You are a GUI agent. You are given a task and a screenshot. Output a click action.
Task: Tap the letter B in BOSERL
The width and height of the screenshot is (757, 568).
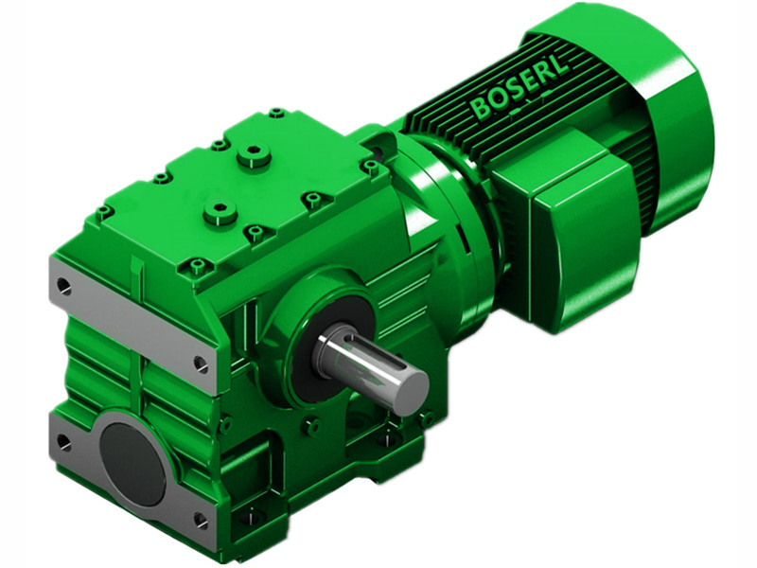click(x=482, y=109)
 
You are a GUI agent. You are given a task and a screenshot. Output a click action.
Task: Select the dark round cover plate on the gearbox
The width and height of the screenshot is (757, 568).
click(x=132, y=463)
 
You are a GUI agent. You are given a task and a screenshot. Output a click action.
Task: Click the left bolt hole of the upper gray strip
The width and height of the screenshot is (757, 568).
click(x=63, y=284)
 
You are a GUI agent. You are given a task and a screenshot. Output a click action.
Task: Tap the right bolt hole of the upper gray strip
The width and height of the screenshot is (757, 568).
click(x=201, y=363)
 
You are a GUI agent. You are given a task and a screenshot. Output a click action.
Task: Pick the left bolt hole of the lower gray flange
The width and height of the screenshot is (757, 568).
click(x=63, y=441)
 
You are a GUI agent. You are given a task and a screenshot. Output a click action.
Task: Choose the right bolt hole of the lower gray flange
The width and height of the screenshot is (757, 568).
click(x=200, y=519)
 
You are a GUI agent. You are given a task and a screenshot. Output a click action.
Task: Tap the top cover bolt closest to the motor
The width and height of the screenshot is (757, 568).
click(x=370, y=167)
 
